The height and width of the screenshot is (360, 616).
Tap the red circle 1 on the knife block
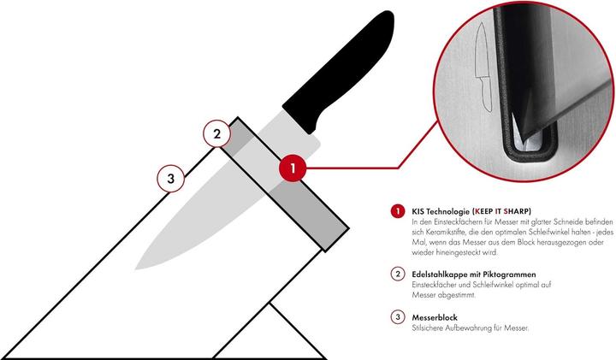click(293, 168)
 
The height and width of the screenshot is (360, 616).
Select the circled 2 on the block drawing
click(217, 133)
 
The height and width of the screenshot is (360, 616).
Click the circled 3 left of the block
click(171, 179)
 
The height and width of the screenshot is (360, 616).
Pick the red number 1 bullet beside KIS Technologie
click(396, 210)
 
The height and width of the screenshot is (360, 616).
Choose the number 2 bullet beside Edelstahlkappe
click(396, 274)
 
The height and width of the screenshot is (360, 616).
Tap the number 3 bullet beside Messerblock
click(396, 316)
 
